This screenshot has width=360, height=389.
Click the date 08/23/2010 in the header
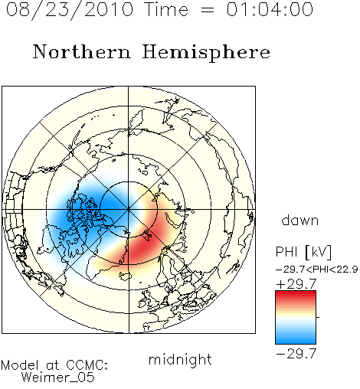tap(70, 9)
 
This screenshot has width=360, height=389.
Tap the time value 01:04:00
tap(270, 9)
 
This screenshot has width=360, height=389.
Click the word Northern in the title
tap(81, 51)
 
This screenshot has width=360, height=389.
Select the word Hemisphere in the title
tap(206, 53)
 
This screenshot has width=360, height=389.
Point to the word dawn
tap(299, 220)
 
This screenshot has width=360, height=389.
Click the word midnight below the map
tap(180, 359)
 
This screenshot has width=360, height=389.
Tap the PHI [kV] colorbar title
tap(303, 252)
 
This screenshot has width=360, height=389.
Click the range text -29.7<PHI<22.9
tap(317, 270)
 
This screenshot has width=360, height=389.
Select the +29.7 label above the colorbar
tap(296, 284)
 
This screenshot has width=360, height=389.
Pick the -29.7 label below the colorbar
tap(296, 354)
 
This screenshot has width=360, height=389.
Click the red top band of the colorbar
tap(296, 294)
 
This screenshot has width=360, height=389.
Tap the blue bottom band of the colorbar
tap(296, 341)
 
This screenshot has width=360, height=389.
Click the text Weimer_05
tap(58, 378)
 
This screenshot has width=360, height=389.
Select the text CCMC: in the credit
tap(87, 365)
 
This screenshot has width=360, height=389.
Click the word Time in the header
tap(166, 9)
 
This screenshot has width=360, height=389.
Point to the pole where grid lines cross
tap(129, 210)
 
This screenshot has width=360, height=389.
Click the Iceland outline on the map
tap(125, 276)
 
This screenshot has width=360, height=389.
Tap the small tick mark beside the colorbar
tap(318, 317)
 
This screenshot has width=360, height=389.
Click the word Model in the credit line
tap(20, 365)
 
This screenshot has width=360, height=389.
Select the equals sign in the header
tap(207, 10)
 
